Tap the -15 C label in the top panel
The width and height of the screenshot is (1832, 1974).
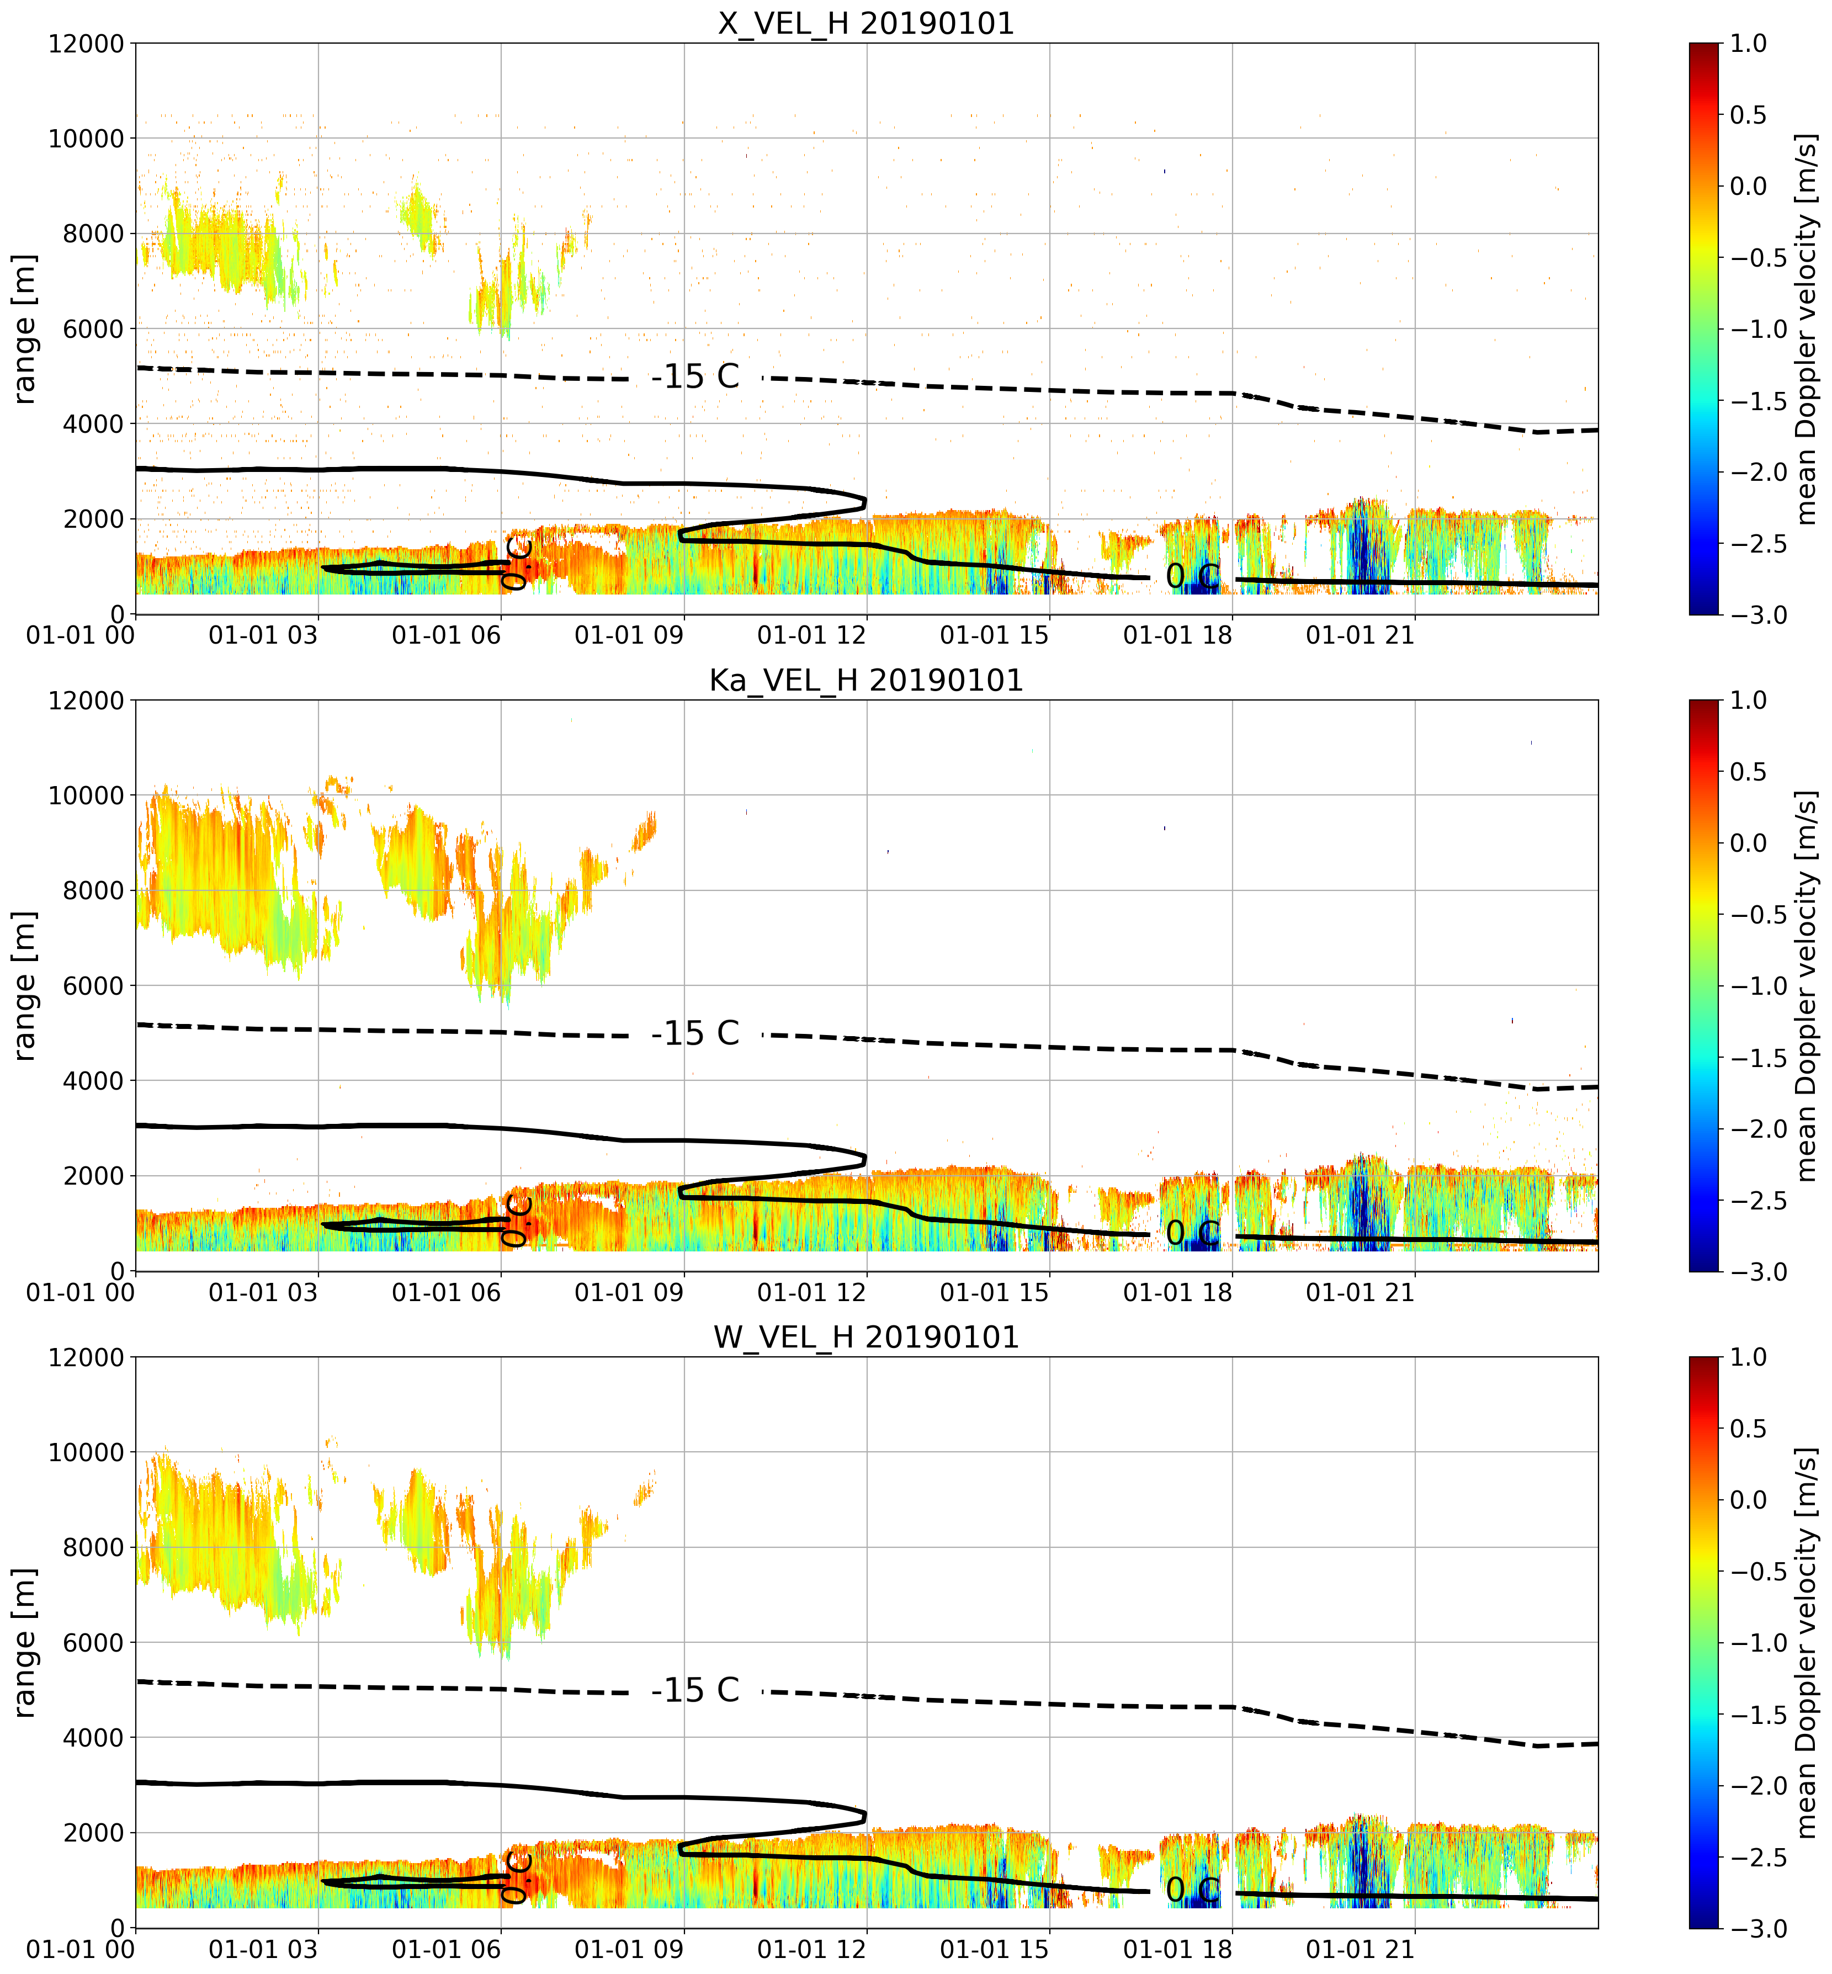[695, 377]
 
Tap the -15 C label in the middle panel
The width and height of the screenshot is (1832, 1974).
[695, 1033]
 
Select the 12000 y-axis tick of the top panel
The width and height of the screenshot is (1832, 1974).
[86, 44]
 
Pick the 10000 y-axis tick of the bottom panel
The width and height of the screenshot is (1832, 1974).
[86, 1452]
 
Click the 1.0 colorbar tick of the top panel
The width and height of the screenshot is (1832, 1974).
[1749, 44]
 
